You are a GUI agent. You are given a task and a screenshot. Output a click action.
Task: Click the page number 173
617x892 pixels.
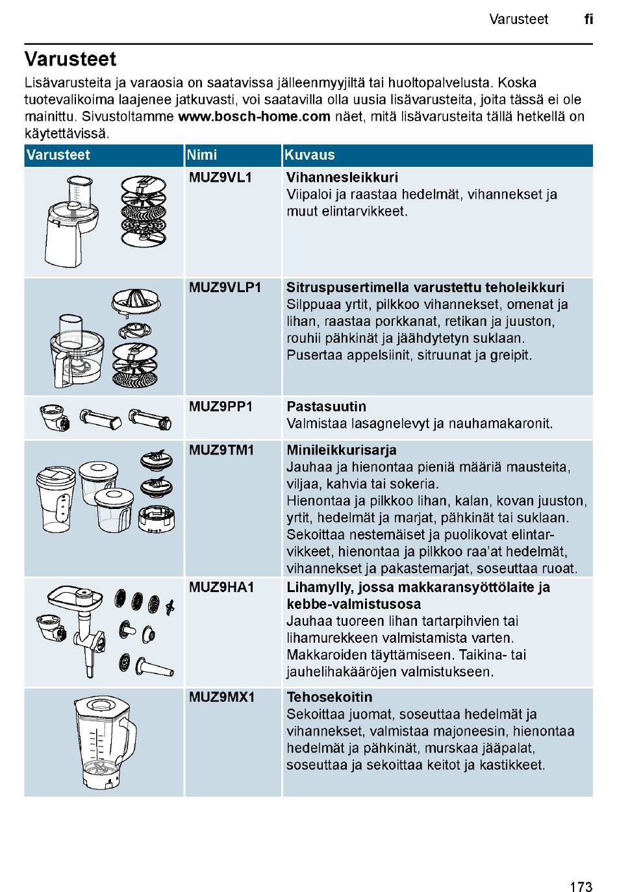click(x=581, y=869)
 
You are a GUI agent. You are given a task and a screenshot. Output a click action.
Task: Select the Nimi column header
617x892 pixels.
click(x=202, y=155)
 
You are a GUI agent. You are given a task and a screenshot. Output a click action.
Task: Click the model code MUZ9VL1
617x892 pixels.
click(x=220, y=177)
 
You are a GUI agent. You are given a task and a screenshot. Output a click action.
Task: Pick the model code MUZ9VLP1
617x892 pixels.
click(x=225, y=288)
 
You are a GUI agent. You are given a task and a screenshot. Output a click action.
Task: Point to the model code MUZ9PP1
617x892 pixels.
click(x=221, y=407)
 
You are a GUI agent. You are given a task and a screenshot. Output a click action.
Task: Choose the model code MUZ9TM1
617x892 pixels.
click(x=221, y=450)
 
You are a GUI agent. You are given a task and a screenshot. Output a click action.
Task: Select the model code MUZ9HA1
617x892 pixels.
click(x=221, y=588)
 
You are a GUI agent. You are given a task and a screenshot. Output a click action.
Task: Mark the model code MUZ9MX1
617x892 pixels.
click(x=221, y=697)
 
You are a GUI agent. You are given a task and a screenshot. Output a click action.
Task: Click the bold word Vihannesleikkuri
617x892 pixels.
click(x=342, y=177)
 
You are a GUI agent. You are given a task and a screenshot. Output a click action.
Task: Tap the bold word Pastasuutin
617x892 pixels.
click(x=326, y=407)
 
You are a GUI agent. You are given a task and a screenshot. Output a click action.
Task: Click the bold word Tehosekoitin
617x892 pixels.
click(x=329, y=697)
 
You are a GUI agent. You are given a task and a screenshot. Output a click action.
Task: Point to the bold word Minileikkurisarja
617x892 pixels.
click(x=342, y=450)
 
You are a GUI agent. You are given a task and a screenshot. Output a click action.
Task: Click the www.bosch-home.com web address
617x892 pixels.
click(x=254, y=117)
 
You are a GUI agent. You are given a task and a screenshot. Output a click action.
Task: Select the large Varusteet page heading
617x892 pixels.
click(x=70, y=59)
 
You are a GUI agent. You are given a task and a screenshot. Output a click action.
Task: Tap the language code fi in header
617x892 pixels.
click(x=588, y=19)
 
